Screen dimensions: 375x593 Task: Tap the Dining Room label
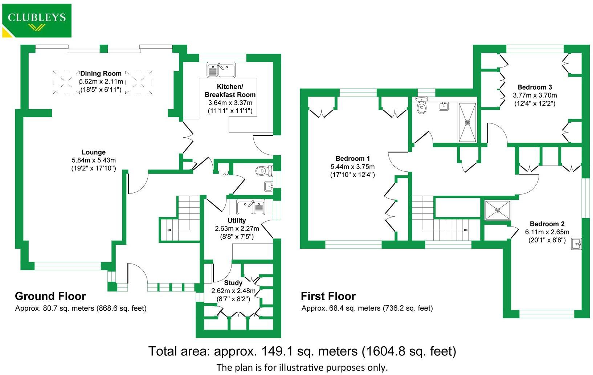coord(101,73)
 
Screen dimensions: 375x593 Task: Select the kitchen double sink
coord(221,70)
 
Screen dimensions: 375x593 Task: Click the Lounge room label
coord(94,152)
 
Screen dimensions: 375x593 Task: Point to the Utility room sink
coord(251,207)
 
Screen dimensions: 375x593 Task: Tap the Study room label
coord(233,283)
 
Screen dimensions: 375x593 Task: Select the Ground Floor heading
coord(50,296)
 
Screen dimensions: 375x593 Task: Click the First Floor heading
coord(328,296)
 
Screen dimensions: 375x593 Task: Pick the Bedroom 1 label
coord(352,159)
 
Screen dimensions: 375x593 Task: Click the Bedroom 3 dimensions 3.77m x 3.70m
coord(535,95)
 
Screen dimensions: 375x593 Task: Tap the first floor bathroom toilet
coord(421,106)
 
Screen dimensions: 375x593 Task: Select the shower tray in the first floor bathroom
coord(467,122)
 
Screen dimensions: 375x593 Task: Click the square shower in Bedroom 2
coord(498,210)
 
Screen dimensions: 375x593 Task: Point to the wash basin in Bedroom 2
coord(577,244)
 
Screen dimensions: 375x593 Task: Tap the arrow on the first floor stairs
coord(465,230)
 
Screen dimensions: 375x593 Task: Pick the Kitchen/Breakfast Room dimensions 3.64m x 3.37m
coord(230,103)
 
